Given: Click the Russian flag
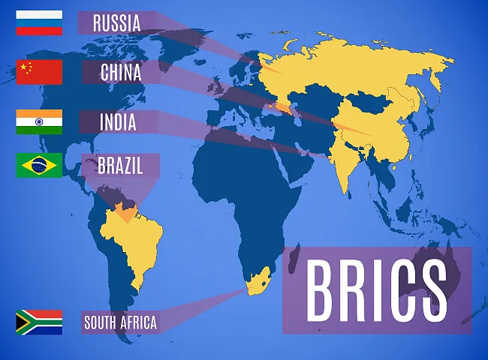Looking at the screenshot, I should tap(39, 23).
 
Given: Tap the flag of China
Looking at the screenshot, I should tap(39, 72).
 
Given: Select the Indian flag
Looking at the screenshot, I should tap(39, 121).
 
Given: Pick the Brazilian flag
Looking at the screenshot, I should tap(39, 165).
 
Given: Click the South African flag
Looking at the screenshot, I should tap(39, 322).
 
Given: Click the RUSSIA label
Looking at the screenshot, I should tap(116, 23).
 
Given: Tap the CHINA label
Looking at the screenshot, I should tap(121, 73).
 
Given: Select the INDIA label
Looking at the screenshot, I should tap(118, 121).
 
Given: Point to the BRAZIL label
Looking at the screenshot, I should tap(120, 165).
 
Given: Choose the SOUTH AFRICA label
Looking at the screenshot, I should tap(120, 323).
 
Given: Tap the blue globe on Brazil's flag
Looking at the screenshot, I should tap(39, 165).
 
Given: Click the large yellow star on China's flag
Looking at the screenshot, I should tap(24, 69).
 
